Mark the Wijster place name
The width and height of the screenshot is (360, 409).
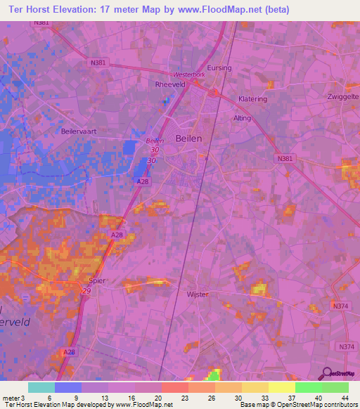198,294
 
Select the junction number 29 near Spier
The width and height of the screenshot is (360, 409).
86,292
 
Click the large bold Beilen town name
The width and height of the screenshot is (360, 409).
188,138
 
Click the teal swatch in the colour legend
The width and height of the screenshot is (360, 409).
41,387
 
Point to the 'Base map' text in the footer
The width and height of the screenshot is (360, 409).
252,405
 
